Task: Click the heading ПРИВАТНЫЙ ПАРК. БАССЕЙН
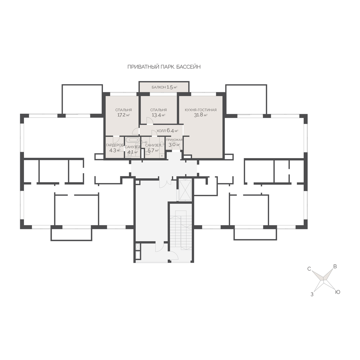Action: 164,67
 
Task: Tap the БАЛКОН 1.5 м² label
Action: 164,87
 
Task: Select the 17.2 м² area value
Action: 123,115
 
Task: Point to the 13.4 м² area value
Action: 158,115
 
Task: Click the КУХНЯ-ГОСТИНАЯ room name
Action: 200,110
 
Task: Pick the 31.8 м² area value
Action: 201,115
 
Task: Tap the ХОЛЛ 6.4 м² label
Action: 167,130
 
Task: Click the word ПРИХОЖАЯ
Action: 174,140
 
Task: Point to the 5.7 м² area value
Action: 153,150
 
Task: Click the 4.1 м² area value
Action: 133,152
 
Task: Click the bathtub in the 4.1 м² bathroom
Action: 133,140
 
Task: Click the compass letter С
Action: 309,269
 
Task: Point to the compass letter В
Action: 335,267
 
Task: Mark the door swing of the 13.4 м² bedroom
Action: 150,121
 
